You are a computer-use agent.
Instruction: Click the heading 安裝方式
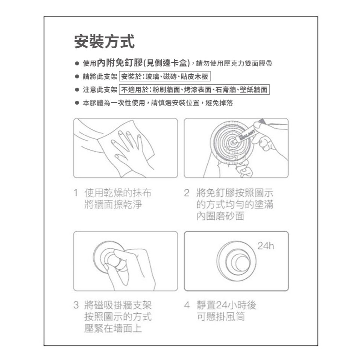point(105,41)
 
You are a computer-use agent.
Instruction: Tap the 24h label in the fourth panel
point(266,246)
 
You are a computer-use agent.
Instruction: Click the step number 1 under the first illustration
point(76,193)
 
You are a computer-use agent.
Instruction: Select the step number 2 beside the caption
point(187,193)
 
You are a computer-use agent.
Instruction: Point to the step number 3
point(76,305)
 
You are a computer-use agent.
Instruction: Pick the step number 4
point(187,305)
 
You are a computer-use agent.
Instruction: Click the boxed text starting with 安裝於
point(165,76)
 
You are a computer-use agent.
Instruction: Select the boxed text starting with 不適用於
point(194,90)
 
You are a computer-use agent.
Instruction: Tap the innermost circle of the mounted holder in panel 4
point(243,263)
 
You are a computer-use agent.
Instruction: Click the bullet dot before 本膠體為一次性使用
point(77,103)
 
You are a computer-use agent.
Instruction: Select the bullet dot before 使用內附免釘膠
point(77,63)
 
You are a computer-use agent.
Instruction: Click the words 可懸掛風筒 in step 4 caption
point(221,317)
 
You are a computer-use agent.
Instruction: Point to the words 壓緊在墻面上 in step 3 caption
point(113,328)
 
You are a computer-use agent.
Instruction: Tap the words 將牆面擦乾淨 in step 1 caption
point(113,204)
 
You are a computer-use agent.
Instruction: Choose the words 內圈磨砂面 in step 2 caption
point(220,216)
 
